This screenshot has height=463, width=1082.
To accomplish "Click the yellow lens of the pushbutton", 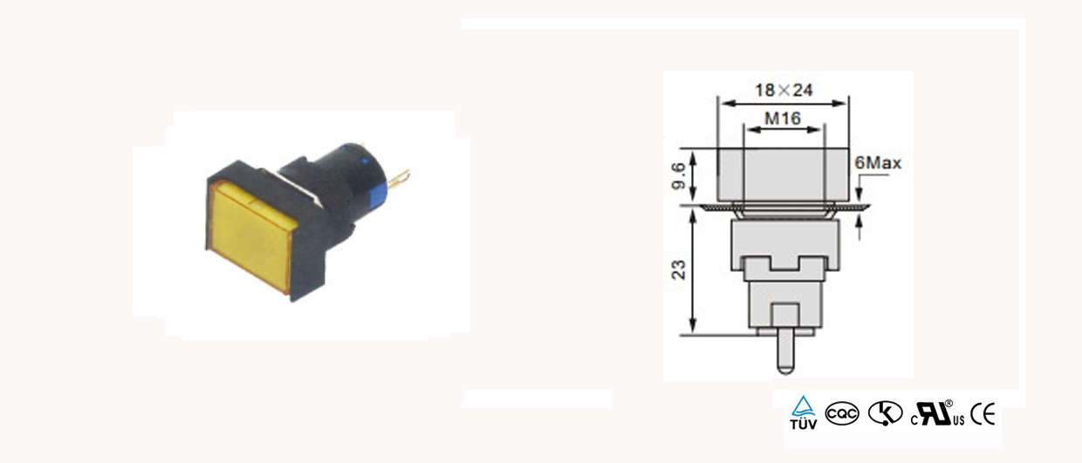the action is (x=251, y=235).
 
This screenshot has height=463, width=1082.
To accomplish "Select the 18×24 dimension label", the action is (x=784, y=91).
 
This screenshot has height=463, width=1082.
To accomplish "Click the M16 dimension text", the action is (x=783, y=119).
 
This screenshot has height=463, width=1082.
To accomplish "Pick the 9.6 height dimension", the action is (x=679, y=176).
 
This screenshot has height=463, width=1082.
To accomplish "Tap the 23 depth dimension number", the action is (x=679, y=270).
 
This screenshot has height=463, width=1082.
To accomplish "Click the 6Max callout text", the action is (x=878, y=163).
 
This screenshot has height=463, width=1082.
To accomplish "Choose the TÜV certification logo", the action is (x=804, y=412).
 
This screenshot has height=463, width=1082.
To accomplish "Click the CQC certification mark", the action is (x=842, y=414).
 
